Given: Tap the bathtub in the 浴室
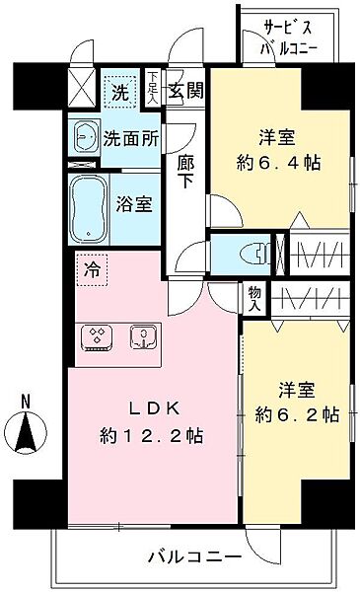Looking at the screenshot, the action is (89, 209).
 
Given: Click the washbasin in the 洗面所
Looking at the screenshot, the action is (85, 138).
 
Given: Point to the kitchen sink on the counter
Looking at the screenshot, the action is (145, 336).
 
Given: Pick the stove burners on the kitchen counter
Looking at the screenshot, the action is (98, 336).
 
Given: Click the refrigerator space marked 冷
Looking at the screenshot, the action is (92, 269).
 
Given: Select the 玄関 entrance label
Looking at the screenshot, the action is (185, 90).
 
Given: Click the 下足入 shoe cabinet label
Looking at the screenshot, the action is (153, 87).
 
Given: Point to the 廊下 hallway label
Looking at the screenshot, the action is (185, 172).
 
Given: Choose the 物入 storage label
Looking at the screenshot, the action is (254, 298).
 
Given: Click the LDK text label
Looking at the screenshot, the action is (153, 408).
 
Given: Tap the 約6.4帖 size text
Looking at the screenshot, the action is (278, 164).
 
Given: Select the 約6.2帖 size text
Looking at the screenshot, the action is (297, 414).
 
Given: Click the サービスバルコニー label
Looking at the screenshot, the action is (289, 38).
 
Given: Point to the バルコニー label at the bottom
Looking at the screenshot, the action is (194, 557).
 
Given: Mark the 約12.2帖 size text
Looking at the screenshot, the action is (152, 437).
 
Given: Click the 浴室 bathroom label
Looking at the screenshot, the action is (134, 204).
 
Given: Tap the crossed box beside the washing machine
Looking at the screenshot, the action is (82, 88).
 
